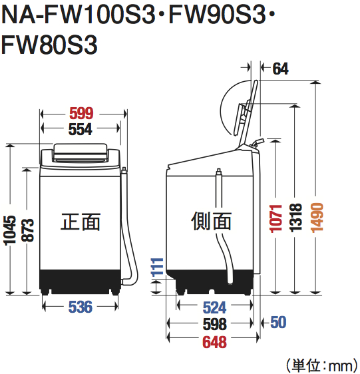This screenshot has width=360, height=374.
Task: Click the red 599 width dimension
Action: point(81,112)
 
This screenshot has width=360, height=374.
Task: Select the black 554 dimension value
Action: point(81,130)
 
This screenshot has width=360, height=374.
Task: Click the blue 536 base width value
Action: point(81,307)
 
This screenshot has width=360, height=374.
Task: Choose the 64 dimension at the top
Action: point(280,68)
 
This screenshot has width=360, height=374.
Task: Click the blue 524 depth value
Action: point(214,307)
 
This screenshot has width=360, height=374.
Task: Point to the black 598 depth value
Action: point(214,324)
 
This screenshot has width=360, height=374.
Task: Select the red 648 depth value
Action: point(214,342)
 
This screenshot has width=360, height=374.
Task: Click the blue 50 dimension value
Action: point(278,323)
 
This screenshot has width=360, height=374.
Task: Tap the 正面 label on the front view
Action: point(81,222)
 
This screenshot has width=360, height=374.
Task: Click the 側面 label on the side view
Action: point(211,222)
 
